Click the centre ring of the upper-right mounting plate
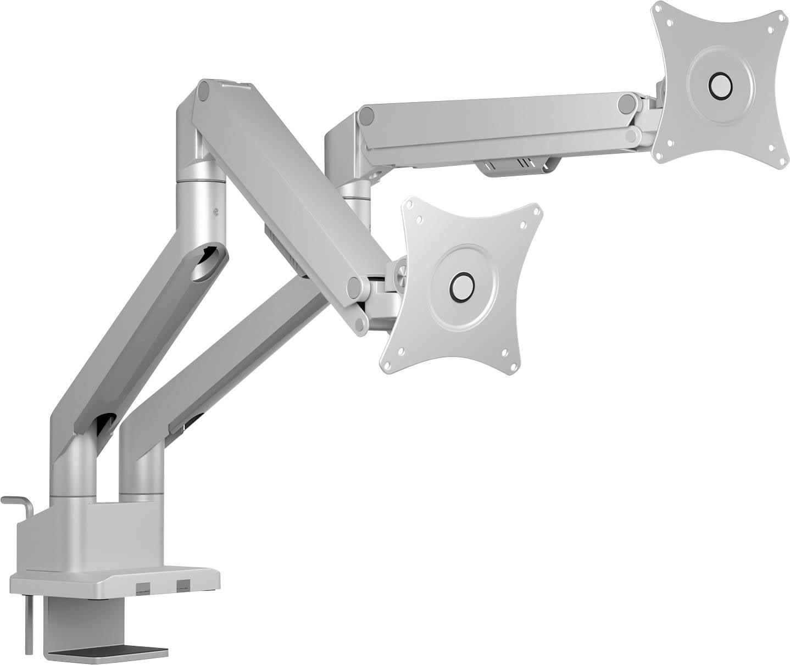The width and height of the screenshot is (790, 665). pos(720,85)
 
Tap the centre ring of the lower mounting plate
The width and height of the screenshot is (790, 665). pos(460,286)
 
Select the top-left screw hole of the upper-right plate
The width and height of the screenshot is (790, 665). pos(670,23)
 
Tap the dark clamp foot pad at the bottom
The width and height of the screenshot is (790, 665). pos(110,652)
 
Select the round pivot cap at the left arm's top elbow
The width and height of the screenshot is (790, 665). pos(204,91)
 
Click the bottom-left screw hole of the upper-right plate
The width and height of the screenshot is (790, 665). pos(671,142)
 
